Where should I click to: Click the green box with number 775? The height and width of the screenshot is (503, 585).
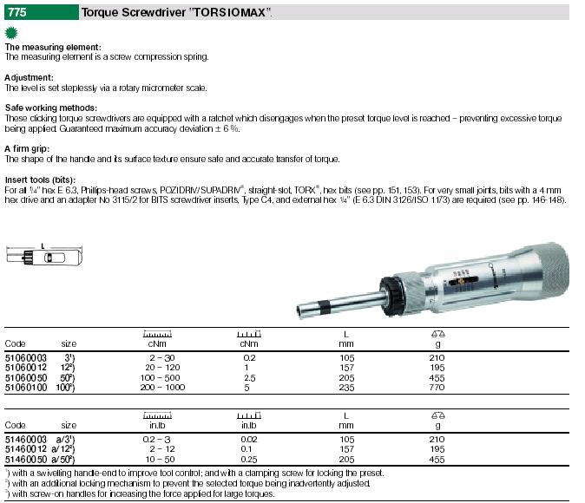click(x=42, y=12)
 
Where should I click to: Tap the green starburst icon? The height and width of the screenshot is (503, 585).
click(x=11, y=33)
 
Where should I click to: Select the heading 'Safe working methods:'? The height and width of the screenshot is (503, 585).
click(x=50, y=108)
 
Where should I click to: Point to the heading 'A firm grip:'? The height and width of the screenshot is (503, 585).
click(x=27, y=148)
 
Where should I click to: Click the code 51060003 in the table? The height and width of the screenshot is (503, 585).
click(x=26, y=358)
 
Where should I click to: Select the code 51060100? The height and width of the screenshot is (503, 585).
click(x=26, y=388)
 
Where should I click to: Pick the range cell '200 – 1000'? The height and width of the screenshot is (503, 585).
click(x=162, y=388)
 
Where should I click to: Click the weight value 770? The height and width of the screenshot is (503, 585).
click(x=437, y=388)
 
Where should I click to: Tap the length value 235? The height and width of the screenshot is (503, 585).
click(x=346, y=388)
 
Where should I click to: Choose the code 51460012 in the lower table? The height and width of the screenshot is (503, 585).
click(x=26, y=449)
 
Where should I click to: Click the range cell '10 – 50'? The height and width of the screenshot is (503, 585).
click(x=161, y=460)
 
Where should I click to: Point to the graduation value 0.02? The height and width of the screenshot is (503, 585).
click(x=249, y=440)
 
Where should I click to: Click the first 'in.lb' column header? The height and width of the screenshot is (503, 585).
click(x=157, y=426)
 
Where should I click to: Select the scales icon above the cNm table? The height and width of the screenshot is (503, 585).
click(x=438, y=334)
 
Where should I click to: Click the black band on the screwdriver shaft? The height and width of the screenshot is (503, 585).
click(x=325, y=306)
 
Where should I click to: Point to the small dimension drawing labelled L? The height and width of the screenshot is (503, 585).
click(x=44, y=256)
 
